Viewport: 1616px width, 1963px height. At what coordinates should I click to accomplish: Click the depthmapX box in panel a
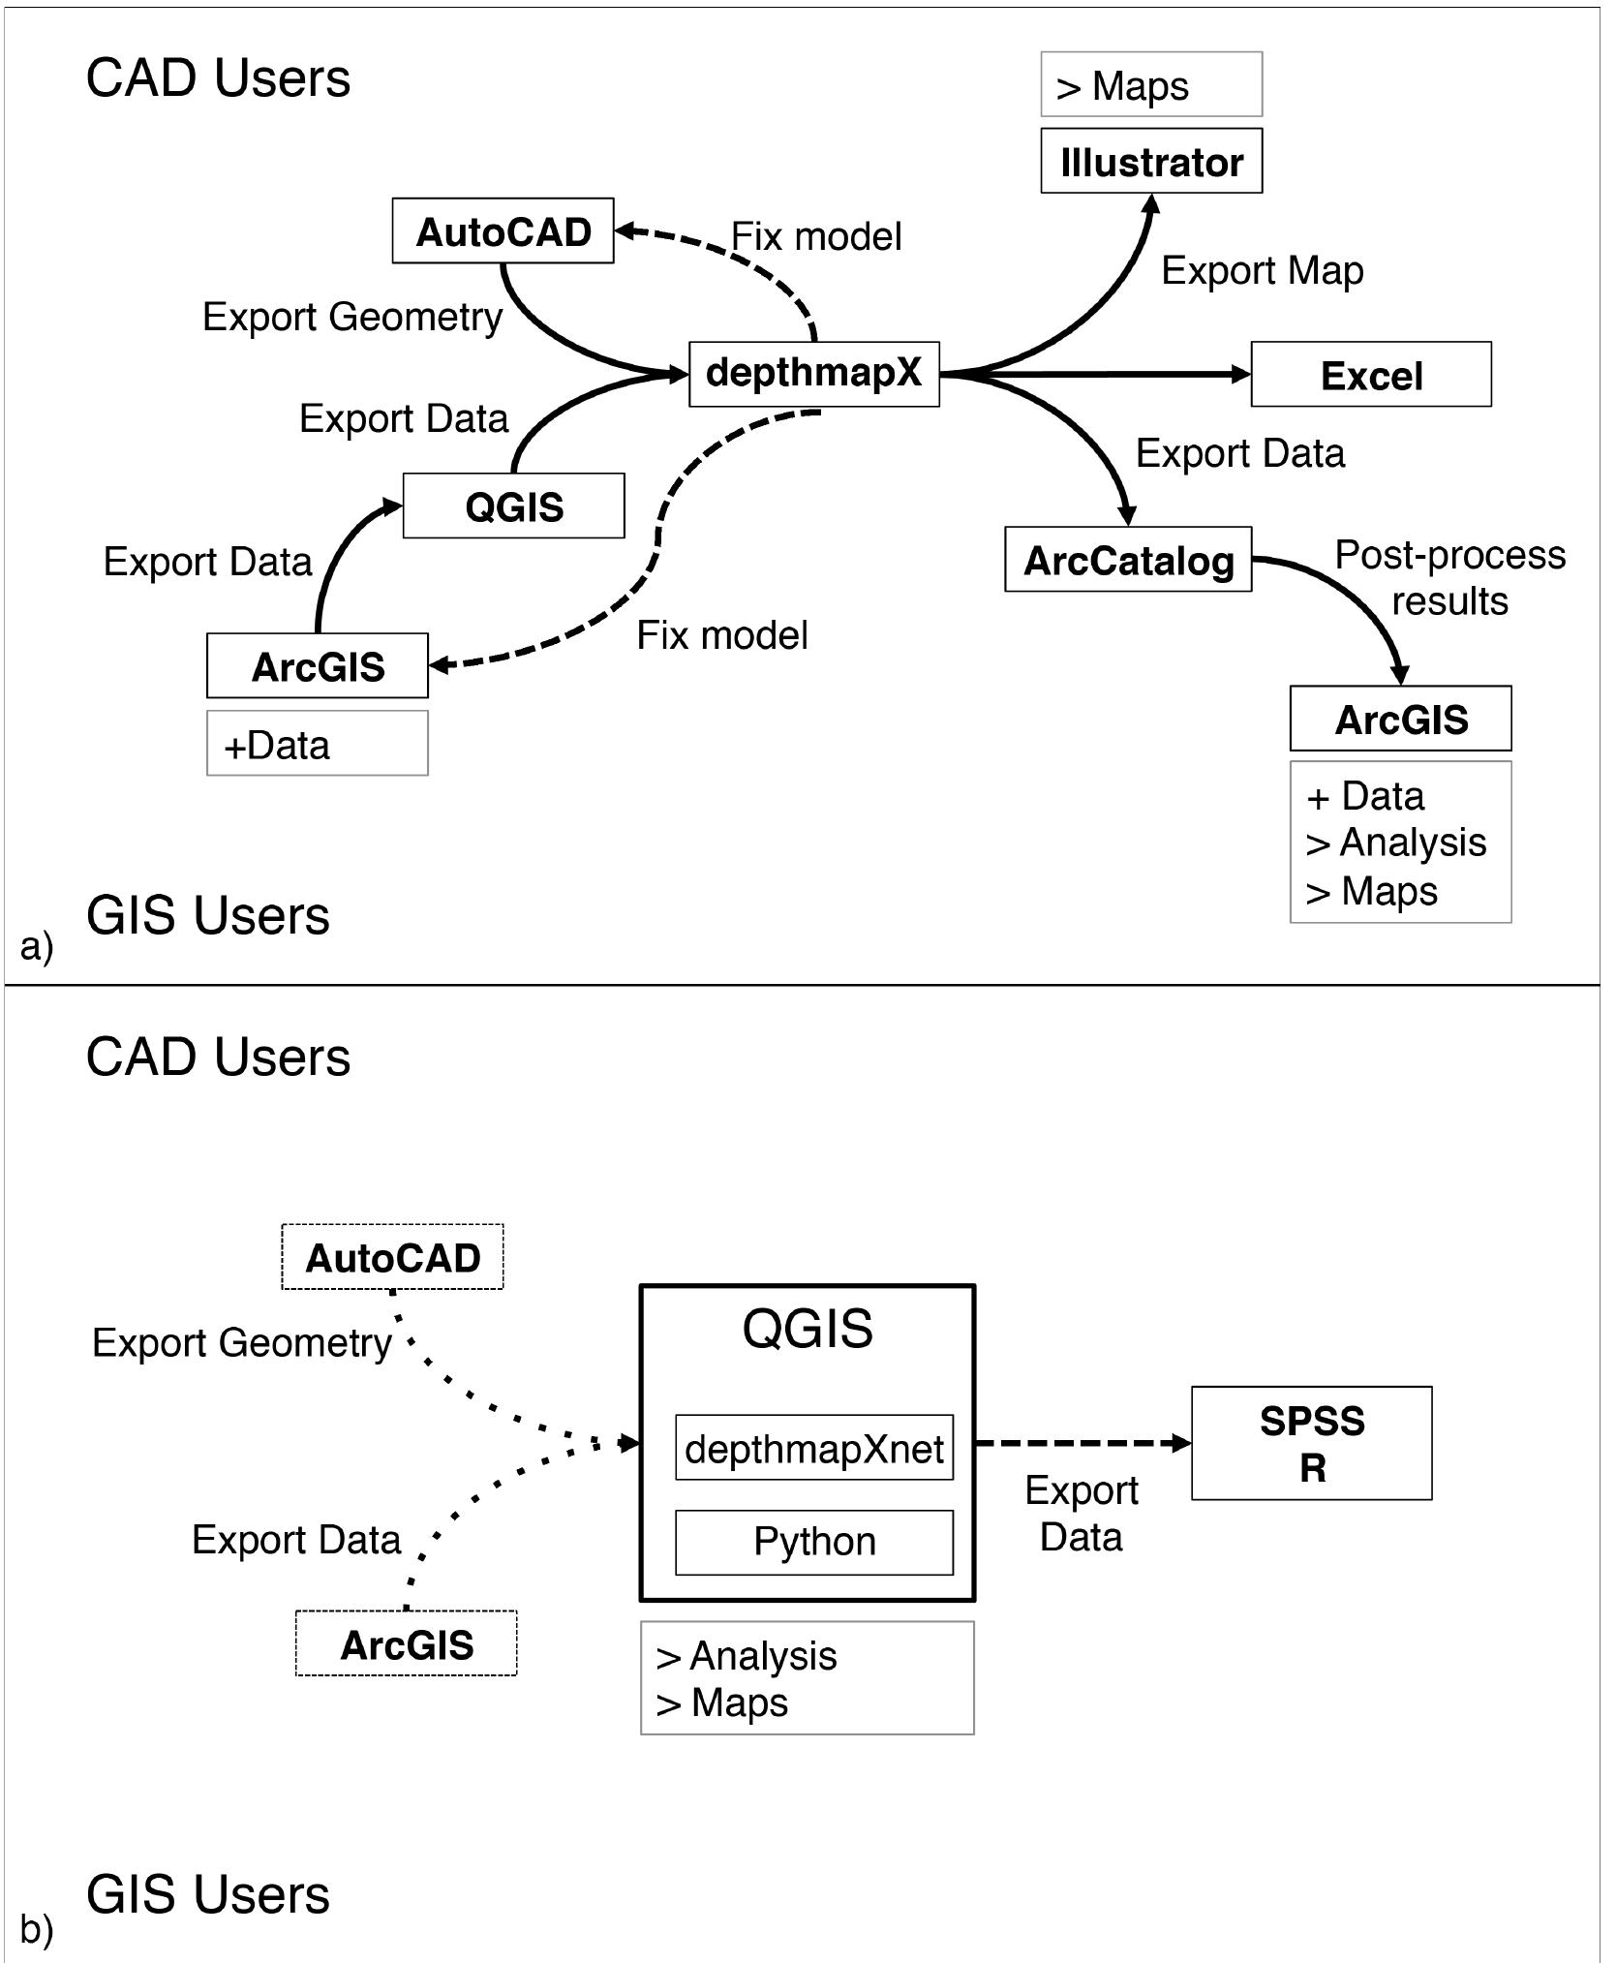tap(813, 374)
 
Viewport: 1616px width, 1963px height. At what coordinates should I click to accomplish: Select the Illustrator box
tap(1151, 161)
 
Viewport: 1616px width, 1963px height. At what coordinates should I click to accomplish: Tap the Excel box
tap(1371, 374)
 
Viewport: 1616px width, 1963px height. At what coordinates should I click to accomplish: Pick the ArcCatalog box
tap(1128, 559)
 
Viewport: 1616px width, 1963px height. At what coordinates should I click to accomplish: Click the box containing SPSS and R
tap(1311, 1443)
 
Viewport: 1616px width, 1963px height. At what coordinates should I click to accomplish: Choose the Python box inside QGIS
tap(814, 1542)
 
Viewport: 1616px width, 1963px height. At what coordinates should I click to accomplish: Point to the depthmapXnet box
tap(814, 1448)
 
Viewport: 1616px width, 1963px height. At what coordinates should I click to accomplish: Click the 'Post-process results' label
tap(1449, 577)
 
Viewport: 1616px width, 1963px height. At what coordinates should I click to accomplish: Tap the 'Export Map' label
tap(1262, 270)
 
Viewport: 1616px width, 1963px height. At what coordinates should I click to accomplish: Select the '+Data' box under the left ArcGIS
tap(318, 743)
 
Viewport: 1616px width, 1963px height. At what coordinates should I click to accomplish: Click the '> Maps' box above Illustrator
tap(1151, 84)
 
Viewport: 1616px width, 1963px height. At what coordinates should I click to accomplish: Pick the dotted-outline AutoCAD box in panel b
tap(392, 1257)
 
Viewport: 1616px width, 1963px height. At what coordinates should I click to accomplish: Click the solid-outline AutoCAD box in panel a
tap(503, 230)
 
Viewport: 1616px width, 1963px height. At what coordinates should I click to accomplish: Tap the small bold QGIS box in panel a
tap(513, 506)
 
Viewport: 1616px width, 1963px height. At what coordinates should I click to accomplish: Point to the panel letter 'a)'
tap(36, 946)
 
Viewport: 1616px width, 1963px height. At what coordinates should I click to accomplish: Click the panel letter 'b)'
tap(36, 1930)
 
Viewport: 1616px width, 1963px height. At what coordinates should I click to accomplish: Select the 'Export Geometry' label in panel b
tap(242, 1343)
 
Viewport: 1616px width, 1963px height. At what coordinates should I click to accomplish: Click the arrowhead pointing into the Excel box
tap(1240, 374)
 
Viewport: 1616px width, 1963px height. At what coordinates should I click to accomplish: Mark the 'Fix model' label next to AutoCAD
tap(816, 236)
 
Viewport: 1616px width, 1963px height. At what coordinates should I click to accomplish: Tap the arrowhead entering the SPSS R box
tap(1181, 1443)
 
